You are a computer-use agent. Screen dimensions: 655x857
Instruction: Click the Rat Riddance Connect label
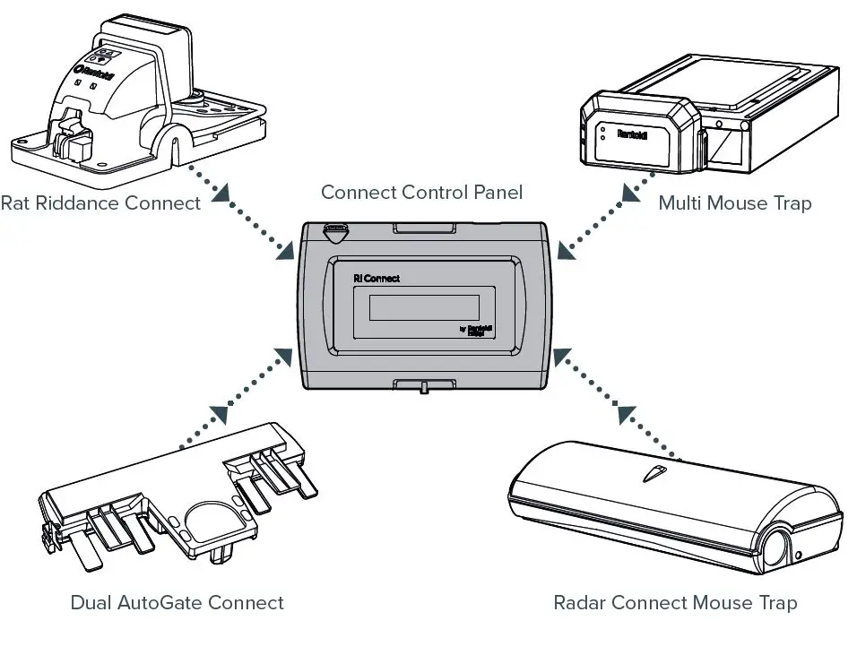(x=100, y=203)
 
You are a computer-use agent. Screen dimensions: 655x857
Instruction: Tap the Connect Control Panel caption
(x=421, y=192)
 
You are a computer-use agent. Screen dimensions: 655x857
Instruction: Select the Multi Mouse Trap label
(x=734, y=203)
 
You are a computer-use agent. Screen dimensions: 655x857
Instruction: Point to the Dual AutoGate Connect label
(x=177, y=603)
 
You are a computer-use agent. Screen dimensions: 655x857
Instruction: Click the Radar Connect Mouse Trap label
(x=675, y=603)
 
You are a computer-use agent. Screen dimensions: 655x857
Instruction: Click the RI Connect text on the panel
(x=377, y=279)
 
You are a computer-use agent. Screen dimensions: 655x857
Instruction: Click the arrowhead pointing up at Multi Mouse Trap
(x=624, y=190)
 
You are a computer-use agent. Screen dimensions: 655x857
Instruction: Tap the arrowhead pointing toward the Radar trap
(x=625, y=414)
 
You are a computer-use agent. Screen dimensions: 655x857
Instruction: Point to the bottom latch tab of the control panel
(x=421, y=386)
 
